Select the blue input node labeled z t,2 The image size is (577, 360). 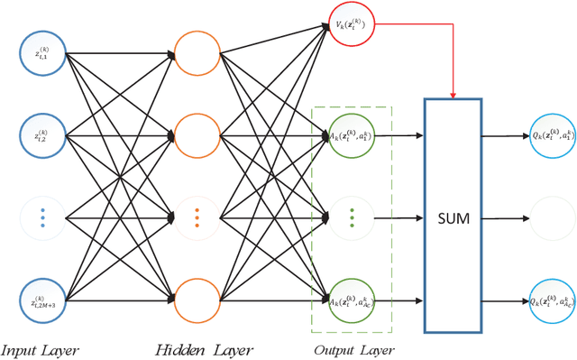point(42,135)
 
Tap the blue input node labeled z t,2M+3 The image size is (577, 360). point(42,300)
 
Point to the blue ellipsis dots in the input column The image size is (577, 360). point(42,217)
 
